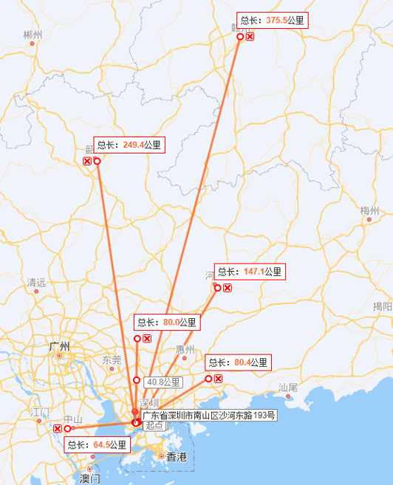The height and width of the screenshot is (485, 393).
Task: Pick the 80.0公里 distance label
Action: coord(166,323)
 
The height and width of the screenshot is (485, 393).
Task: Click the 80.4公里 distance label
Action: coord(238,362)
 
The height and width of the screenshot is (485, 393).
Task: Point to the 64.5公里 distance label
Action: coord(97,445)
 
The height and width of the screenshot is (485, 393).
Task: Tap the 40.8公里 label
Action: coord(163,382)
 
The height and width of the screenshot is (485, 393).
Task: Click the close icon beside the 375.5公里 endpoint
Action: coord(250,36)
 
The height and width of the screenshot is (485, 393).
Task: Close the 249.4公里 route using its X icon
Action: coord(86,161)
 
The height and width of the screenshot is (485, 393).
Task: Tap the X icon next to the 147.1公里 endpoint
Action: coord(228,287)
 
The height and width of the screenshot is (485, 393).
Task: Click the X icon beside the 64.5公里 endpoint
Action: coord(58,428)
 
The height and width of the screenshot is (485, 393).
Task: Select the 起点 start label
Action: coord(154,425)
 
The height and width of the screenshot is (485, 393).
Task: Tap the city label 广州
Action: coord(59,346)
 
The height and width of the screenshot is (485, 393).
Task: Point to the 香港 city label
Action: coord(177,457)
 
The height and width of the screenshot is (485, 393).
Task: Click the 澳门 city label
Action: coord(89,478)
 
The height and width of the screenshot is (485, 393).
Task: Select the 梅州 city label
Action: coord(369,211)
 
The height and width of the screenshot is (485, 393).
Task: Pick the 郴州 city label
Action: coord(33,35)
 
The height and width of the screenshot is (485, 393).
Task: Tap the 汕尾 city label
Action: coord(287,387)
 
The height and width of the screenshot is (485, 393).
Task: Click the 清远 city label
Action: coord(36,282)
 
